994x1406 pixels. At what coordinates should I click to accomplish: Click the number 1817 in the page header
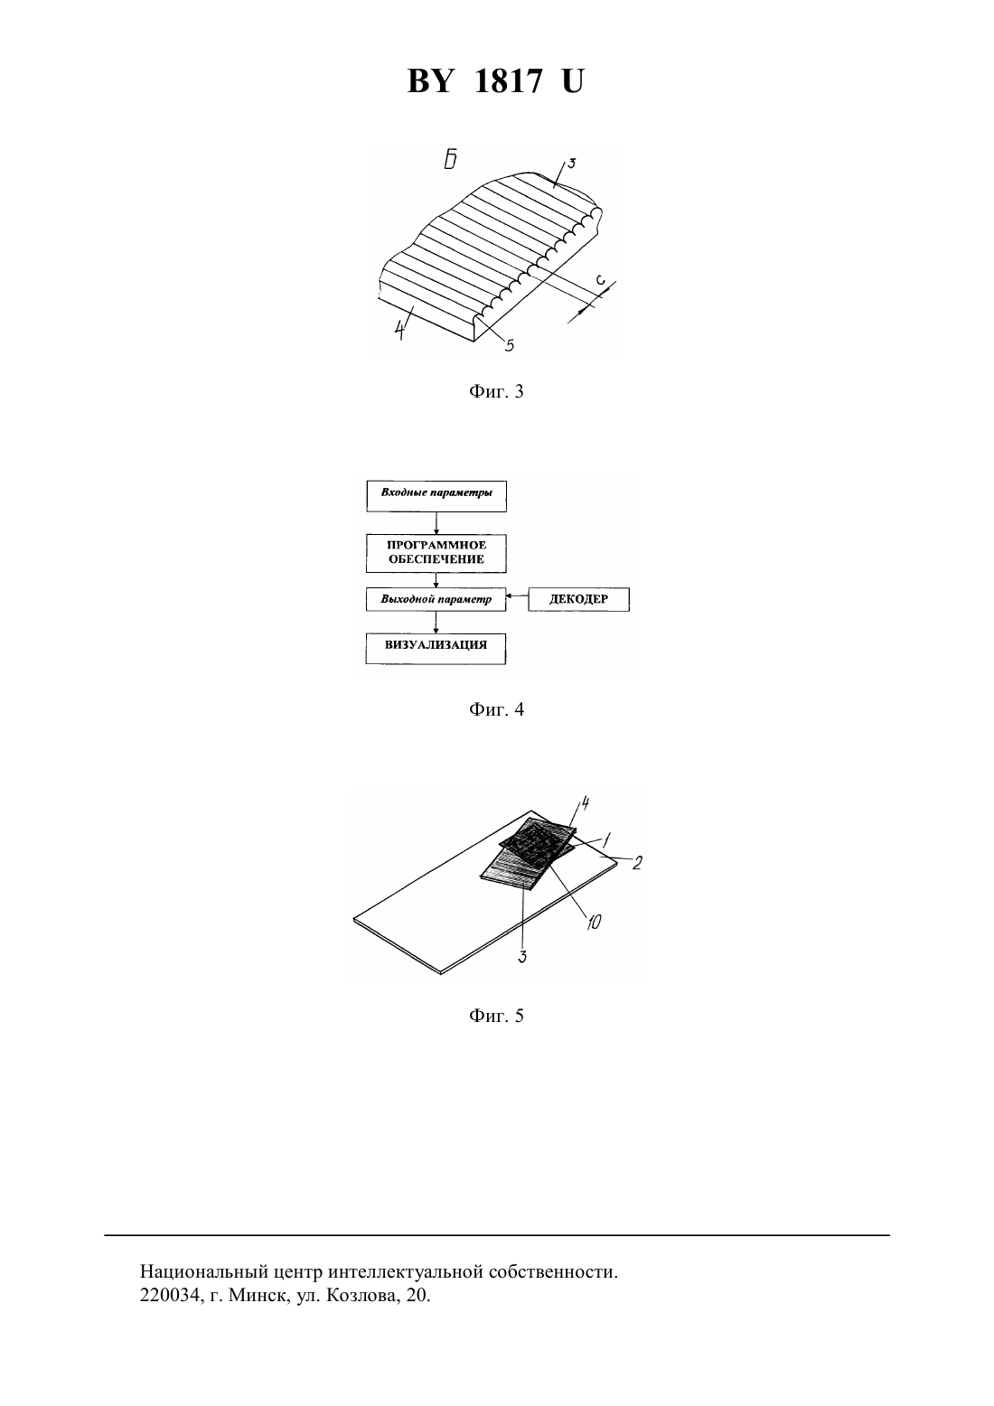tap(507, 81)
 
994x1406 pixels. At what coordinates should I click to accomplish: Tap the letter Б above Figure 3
tap(450, 160)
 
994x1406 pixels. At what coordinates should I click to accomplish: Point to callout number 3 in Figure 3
tap(571, 164)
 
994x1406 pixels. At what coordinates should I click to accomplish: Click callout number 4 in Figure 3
tap(399, 330)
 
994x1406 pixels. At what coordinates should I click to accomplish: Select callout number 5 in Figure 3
tap(510, 344)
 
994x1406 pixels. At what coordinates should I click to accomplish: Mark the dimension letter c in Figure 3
tap(600, 279)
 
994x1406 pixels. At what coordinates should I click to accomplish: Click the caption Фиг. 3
tap(496, 391)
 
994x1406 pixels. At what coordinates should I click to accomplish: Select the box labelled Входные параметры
tap(436, 496)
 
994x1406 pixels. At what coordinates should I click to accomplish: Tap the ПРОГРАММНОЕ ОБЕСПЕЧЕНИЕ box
tap(436, 553)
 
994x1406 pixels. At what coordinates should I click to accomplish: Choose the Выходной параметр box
tap(436, 599)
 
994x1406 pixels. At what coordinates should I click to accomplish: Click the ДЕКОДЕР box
tap(578, 599)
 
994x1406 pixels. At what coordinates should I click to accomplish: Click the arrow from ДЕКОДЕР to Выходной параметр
tap(517, 595)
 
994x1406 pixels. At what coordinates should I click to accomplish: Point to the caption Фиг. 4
tap(496, 709)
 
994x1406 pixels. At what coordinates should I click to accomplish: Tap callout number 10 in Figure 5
tap(594, 922)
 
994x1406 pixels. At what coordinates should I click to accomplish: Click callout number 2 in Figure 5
tap(637, 863)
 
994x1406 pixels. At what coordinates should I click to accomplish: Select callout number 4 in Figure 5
tap(585, 802)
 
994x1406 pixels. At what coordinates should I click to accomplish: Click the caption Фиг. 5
tap(496, 1016)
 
